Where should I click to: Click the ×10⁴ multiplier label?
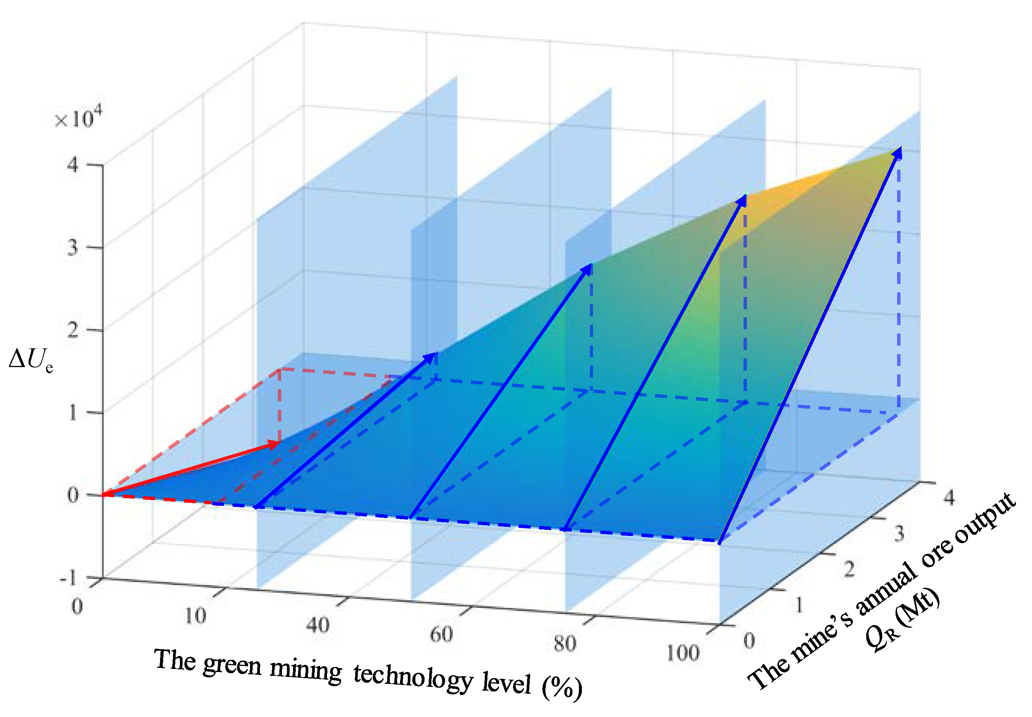coord(77,118)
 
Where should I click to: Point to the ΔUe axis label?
coord(30,360)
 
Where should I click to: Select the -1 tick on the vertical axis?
coord(68,579)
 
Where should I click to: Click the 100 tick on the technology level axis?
coord(682,653)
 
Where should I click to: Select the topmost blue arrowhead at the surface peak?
coord(896,153)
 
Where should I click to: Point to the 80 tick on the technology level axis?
coord(564,644)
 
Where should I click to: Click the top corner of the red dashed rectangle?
coord(280,369)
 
